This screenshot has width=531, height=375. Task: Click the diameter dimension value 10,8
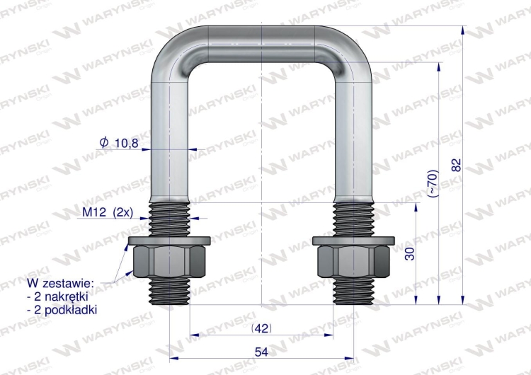click(x=126, y=144)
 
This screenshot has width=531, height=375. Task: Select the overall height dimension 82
click(x=457, y=164)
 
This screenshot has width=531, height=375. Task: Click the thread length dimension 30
click(x=409, y=253)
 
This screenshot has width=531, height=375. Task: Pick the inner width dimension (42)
click(x=262, y=328)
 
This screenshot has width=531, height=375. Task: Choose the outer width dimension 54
click(x=262, y=351)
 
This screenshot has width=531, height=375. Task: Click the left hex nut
click(x=170, y=264)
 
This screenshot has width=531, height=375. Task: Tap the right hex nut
click(x=353, y=264)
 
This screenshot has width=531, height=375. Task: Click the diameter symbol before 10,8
click(x=104, y=144)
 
